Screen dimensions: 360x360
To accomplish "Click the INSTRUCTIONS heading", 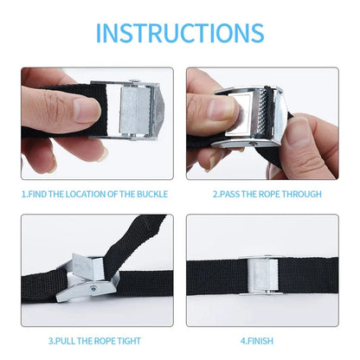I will [180, 32].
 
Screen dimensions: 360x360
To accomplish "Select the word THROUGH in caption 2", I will [304, 194].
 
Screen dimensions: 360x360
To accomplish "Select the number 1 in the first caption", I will [23, 194].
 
